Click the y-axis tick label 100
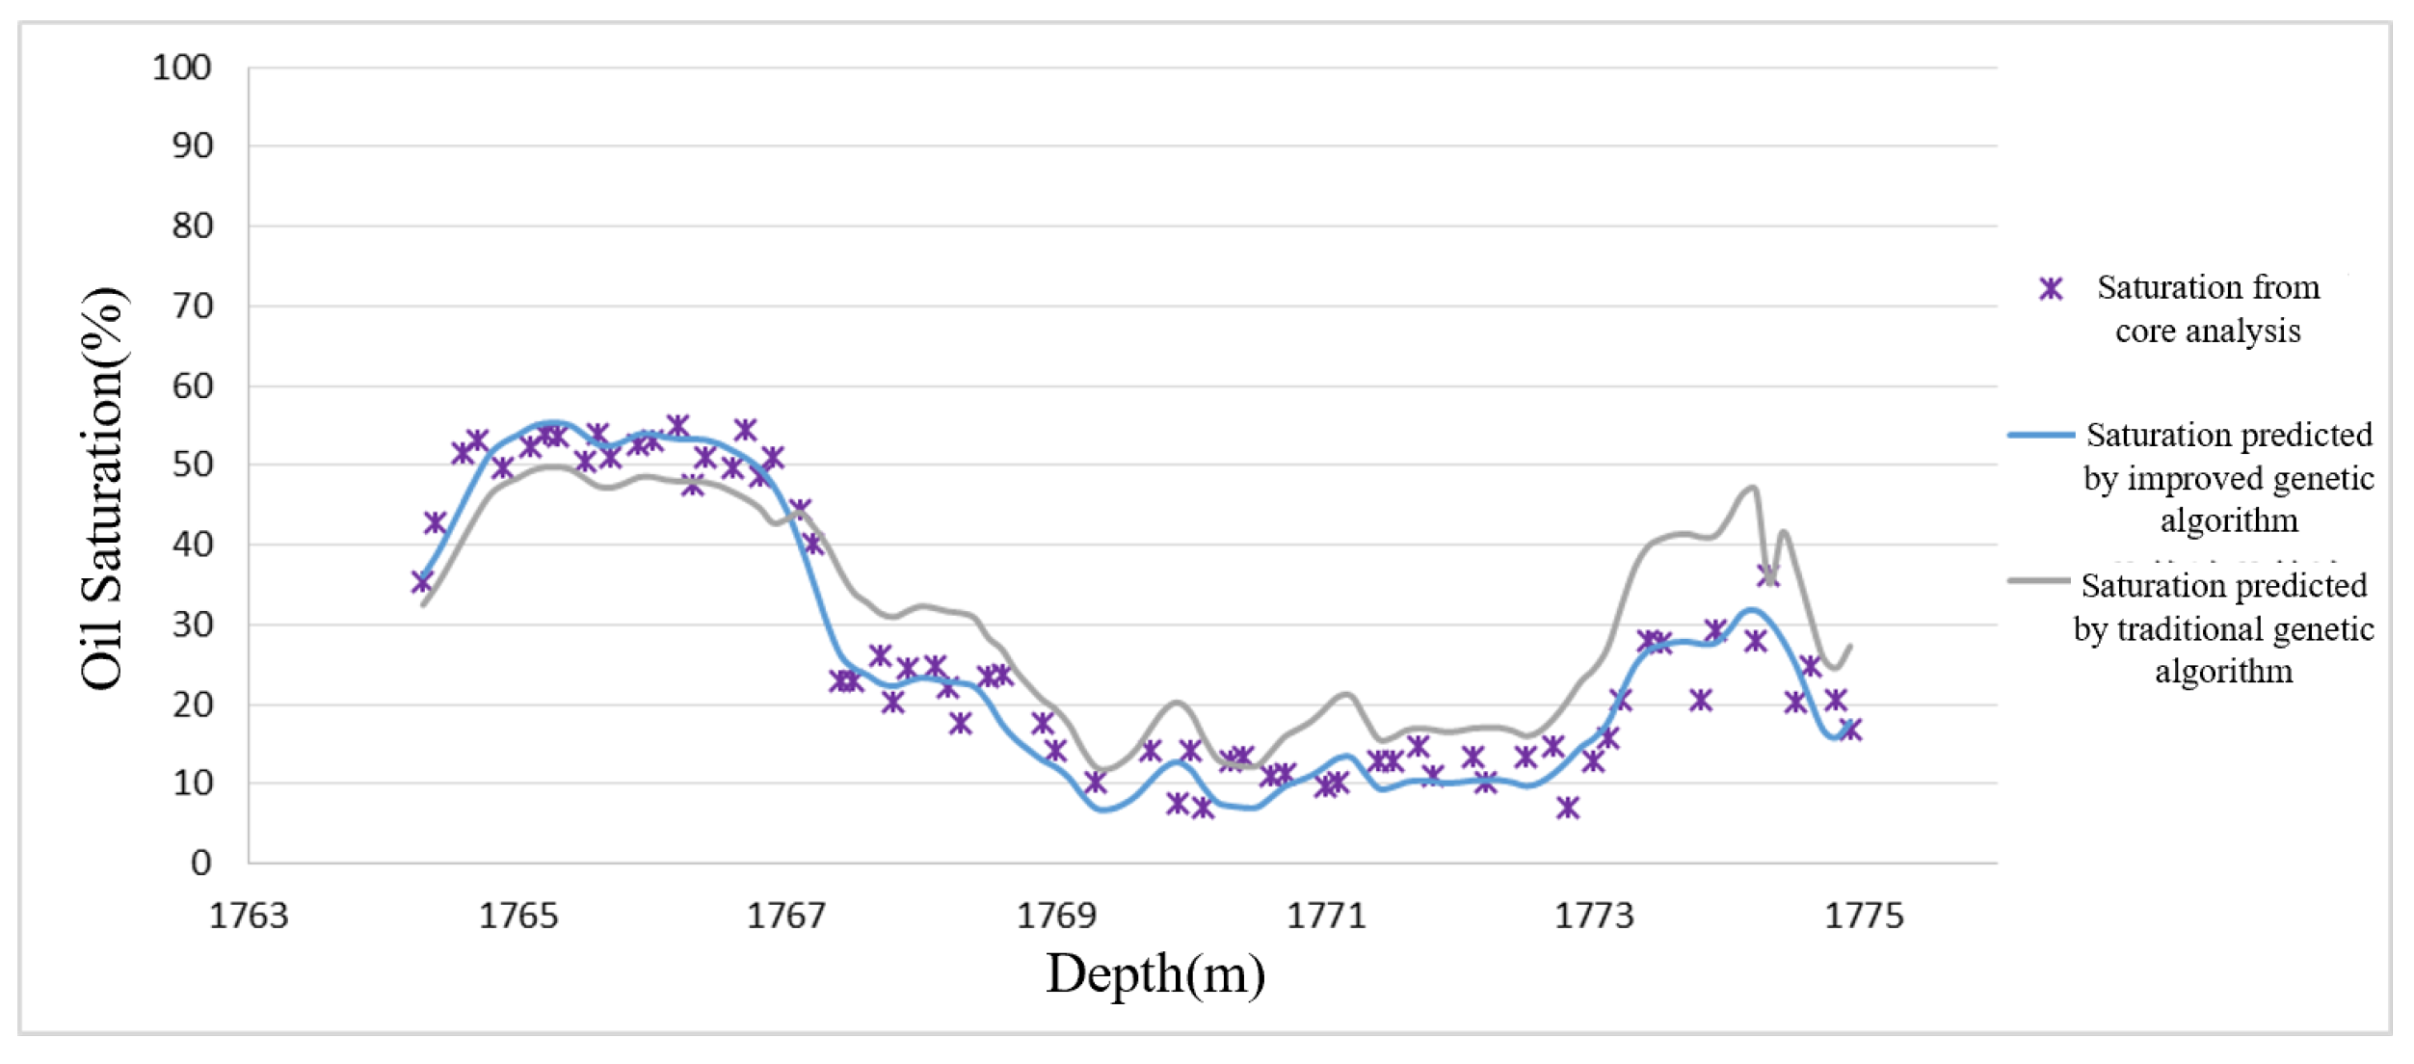tap(182, 67)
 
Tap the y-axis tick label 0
tap(200, 863)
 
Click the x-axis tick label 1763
tap(249, 916)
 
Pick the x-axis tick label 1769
tap(1056, 916)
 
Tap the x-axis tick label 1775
tap(1864, 916)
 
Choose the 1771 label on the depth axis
tap(1326, 916)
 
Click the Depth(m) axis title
tap(1155, 974)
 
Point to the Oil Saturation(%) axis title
tap(103, 488)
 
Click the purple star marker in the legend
tap(2051, 288)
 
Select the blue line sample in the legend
tap(2041, 435)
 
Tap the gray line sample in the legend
tap(2039, 581)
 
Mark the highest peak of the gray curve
tap(1753, 488)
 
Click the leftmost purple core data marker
tap(421, 581)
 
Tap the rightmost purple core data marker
tap(1850, 730)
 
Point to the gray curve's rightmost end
tap(1849, 646)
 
